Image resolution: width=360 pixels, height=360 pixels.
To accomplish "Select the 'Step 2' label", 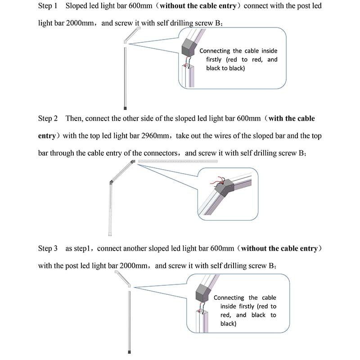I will tap(48, 119).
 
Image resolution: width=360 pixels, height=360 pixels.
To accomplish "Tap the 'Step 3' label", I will tap(48, 248).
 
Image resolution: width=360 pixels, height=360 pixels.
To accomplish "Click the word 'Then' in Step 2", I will tap(74, 119).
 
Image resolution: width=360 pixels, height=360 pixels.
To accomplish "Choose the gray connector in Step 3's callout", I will tap(203, 296).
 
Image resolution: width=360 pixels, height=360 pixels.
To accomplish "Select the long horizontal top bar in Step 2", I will tap(178, 161).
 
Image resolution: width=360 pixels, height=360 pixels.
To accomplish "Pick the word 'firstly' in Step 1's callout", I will tap(216, 60).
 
